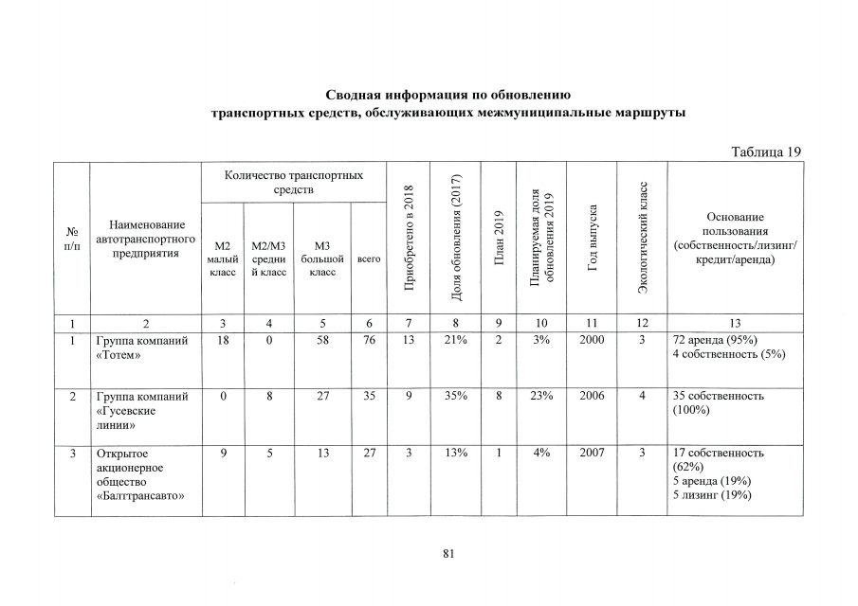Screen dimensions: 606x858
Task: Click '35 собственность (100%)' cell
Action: click(x=718, y=403)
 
